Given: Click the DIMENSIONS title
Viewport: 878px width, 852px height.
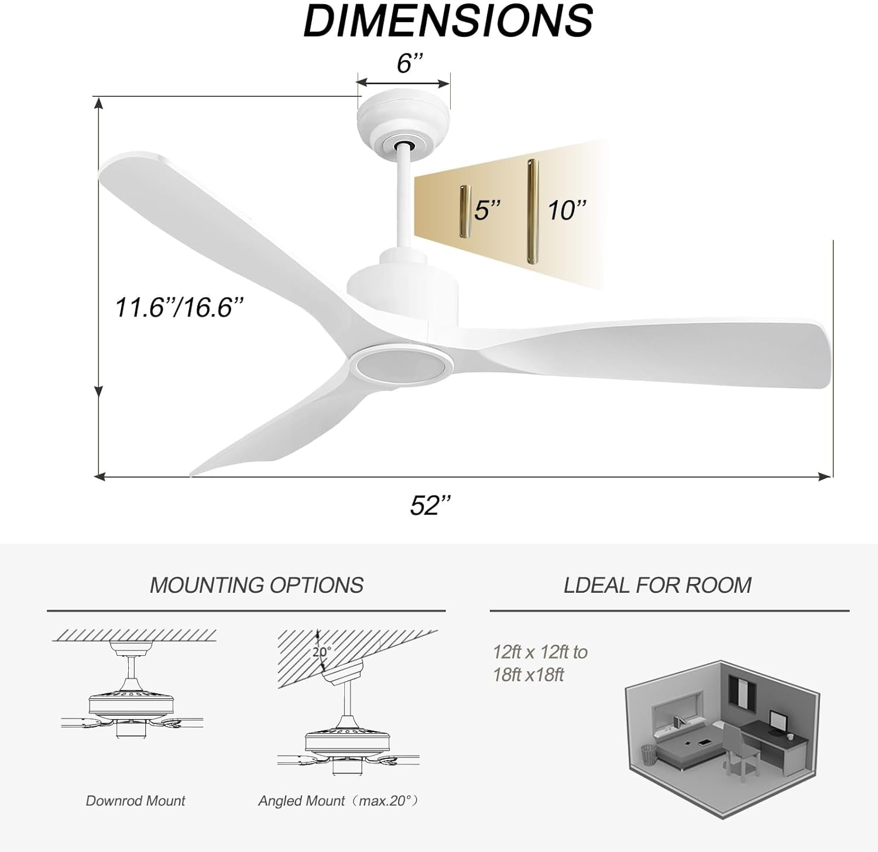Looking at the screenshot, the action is [x=448, y=21].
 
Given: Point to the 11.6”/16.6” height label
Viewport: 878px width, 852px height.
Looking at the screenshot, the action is [x=179, y=307].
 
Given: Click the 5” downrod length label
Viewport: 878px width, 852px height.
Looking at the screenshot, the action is [x=488, y=210].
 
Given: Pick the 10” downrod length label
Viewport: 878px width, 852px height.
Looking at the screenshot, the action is [x=567, y=210].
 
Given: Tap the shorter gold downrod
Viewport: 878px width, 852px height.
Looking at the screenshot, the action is [x=465, y=212].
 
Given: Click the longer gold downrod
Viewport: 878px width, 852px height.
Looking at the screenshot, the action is [x=531, y=212].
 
